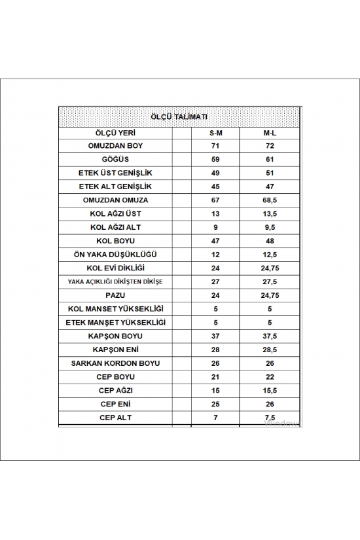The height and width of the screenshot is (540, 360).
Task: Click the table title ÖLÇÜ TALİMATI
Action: click(x=179, y=117)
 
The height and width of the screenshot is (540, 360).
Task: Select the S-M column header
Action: click(x=215, y=132)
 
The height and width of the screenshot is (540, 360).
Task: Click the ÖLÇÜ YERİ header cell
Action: click(x=115, y=132)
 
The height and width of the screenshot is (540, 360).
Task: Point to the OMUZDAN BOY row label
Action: click(x=115, y=145)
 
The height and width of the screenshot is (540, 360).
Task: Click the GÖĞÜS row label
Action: click(x=115, y=159)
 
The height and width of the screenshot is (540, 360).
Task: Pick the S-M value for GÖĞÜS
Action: click(x=215, y=159)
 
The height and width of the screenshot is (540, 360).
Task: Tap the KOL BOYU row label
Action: click(x=115, y=240)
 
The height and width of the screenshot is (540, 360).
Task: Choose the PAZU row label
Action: click(x=115, y=295)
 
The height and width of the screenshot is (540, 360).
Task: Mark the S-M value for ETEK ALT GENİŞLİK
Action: click(x=215, y=186)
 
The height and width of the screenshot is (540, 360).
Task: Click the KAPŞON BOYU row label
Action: click(x=115, y=335)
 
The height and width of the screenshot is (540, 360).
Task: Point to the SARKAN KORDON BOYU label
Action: click(x=115, y=363)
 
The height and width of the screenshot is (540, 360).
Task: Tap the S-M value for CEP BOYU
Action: click(x=215, y=376)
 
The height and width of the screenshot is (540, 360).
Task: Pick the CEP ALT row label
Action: click(x=115, y=417)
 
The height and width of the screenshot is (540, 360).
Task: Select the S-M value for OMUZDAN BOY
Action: click(x=215, y=145)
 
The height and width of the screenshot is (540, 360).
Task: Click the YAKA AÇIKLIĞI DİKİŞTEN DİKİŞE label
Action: click(x=115, y=281)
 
